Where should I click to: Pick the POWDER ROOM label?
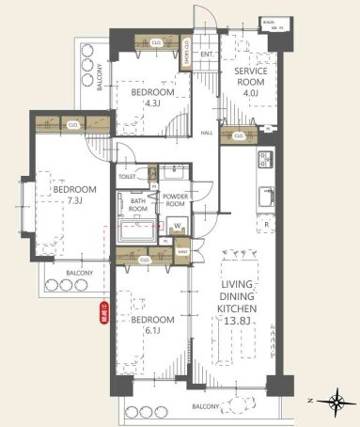pyautogui.click(x=175, y=200)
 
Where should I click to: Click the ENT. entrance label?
pyautogui.click(x=207, y=55)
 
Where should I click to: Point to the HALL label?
pyautogui.click(x=208, y=133)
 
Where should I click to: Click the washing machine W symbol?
pyautogui.click(x=178, y=225)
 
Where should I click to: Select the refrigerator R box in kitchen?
pyautogui.click(x=267, y=226)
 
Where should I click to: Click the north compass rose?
pyautogui.click(x=337, y=404)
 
